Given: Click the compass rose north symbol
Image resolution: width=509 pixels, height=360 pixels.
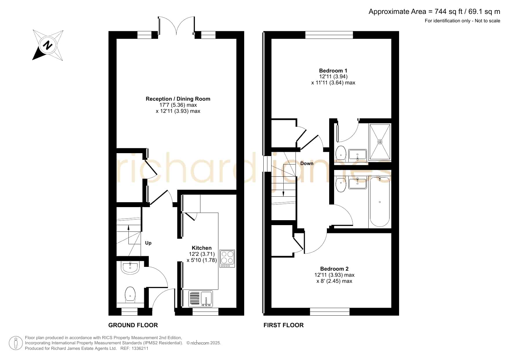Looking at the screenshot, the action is (48, 45).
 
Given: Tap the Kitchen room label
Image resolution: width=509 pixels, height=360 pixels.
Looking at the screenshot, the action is (202, 248).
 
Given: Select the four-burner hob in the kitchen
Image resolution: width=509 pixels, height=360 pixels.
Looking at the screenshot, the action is (227, 258).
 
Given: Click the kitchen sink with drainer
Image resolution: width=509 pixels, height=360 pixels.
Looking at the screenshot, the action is (201, 299).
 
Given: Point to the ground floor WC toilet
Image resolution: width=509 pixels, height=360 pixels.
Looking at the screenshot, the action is (130, 295).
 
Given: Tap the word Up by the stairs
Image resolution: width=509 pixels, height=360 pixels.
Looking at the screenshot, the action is (148, 243).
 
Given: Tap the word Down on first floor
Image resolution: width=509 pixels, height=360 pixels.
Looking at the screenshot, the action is (307, 163).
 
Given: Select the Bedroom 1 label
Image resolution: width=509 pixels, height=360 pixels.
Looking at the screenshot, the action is (333, 70).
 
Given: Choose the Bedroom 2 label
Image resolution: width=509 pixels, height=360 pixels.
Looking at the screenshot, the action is (334, 269).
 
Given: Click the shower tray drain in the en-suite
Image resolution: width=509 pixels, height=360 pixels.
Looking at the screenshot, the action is (380, 142).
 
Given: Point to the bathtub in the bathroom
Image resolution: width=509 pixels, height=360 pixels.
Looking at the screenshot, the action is (380, 202).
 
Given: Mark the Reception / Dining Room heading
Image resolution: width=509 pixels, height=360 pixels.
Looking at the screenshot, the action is (178, 99).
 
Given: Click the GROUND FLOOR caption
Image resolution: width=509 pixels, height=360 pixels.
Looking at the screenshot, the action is (133, 325).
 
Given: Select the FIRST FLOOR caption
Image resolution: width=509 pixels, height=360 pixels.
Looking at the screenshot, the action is (284, 325).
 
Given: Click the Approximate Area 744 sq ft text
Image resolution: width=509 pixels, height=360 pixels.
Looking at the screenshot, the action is (434, 12).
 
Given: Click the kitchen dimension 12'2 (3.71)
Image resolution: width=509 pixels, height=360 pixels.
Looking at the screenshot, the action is (202, 254).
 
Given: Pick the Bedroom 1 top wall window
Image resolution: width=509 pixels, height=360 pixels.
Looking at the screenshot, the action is (329, 35).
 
